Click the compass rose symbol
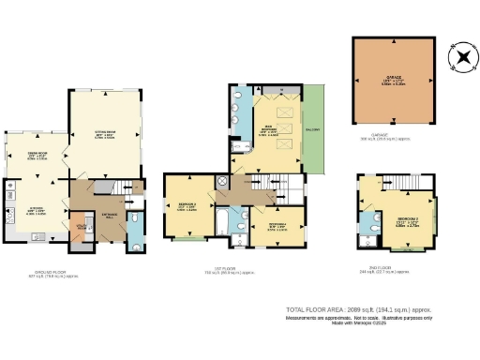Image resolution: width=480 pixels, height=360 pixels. (x=461, y=58)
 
